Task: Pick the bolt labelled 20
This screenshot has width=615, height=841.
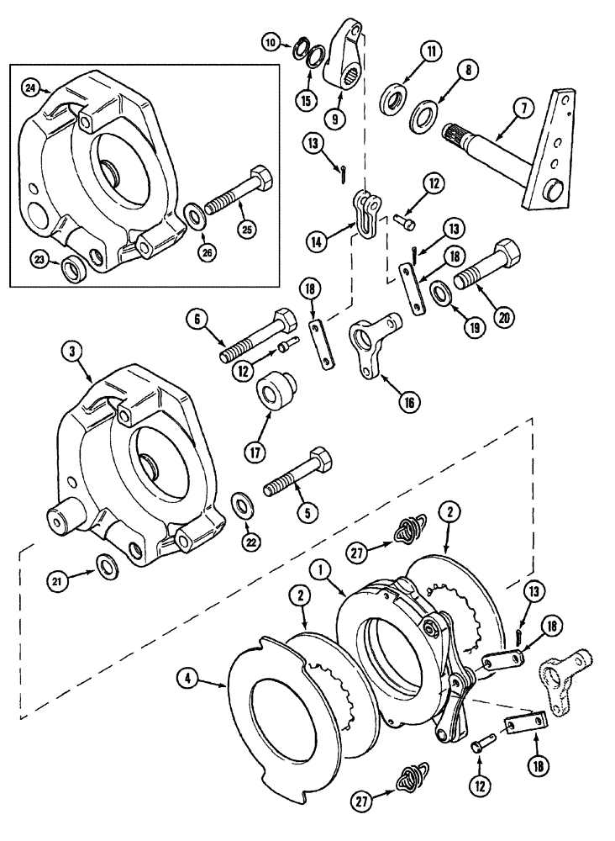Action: click(478, 265)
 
